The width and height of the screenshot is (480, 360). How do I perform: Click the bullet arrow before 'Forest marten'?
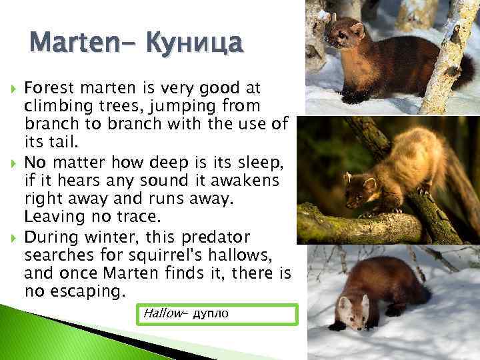[9, 88]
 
